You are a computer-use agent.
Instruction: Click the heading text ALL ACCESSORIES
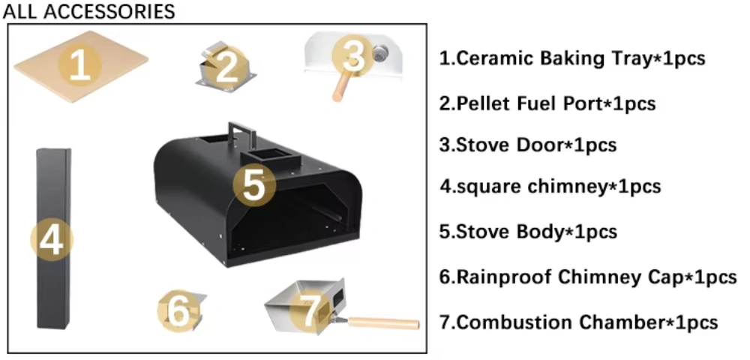pos(89,11)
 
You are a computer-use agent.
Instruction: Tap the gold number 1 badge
pos(80,65)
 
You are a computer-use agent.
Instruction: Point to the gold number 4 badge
pos(52,239)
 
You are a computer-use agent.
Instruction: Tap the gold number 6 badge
pos(179,311)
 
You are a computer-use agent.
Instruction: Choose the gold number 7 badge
pos(311,311)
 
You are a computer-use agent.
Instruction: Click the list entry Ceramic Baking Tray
pos(572,58)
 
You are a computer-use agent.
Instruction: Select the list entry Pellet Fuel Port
pos(547,103)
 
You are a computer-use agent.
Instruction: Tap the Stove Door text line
pos(528,145)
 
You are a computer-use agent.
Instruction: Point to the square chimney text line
pos(550,186)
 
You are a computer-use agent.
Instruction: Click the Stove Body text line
pos(528,232)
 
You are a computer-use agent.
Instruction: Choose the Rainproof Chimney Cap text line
pos(588,277)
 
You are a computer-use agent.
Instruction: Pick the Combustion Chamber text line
pos(579,322)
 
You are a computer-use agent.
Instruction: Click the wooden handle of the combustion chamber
pos(383,323)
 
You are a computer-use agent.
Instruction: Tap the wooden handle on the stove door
pos(340,87)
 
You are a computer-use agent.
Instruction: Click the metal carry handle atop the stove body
pos(238,134)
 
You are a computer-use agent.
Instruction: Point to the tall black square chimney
pos(54,238)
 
